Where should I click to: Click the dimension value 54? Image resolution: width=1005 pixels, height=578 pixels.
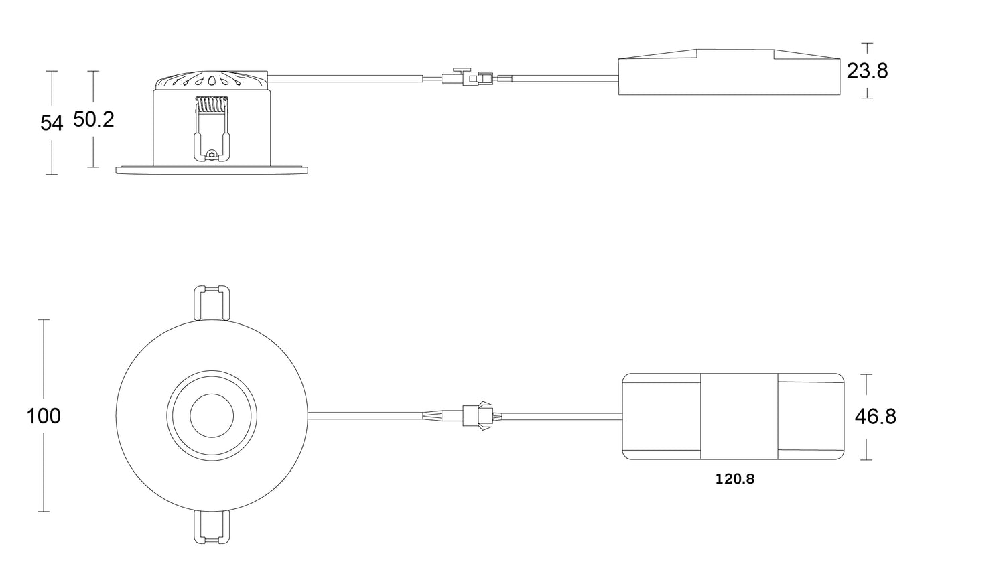pos(52,123)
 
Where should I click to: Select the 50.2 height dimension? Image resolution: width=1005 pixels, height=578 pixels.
pos(93,119)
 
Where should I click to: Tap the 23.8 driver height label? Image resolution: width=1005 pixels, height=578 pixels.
pos(867,71)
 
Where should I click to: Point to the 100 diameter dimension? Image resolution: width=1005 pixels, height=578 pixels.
pos(44,416)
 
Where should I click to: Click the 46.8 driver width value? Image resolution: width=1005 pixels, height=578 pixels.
pos(875,417)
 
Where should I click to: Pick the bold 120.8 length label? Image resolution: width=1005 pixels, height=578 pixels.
pos(735,479)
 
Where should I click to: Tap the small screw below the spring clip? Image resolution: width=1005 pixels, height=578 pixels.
pos(212,155)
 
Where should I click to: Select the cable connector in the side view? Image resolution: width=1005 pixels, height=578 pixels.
pos(467,78)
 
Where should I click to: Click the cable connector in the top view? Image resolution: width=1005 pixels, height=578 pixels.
pos(478,416)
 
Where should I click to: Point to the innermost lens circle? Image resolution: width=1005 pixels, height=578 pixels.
pos(212,416)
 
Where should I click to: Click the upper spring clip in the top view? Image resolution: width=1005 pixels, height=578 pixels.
pos(212,303)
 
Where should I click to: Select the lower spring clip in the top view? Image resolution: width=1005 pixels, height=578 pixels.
pos(212,527)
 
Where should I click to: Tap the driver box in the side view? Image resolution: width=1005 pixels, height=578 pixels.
pos(729,72)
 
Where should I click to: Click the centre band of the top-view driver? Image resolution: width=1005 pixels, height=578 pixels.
pos(739,417)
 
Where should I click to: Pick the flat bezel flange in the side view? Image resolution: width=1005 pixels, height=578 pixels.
pos(212,170)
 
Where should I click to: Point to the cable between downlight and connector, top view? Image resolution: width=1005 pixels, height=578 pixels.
pos(366,416)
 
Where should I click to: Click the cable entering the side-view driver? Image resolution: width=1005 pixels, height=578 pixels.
pos(565,79)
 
